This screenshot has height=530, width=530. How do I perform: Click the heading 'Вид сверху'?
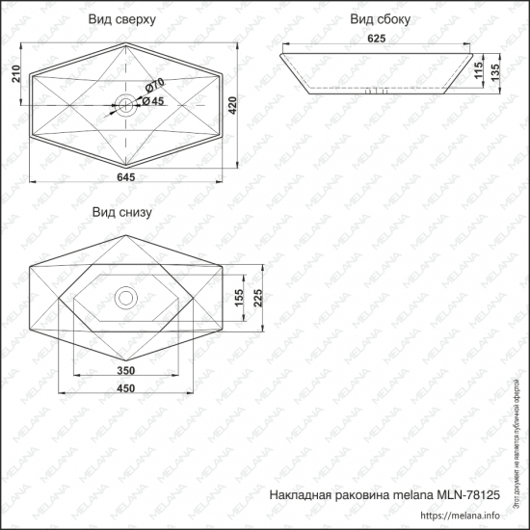coord(123,19)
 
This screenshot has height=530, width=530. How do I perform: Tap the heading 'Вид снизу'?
coord(121,212)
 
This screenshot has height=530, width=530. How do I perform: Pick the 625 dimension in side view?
coord(376,39)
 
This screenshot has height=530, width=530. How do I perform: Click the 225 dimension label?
coord(256,299)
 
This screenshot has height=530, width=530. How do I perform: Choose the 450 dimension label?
coord(125,389)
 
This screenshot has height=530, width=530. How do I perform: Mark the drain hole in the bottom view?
coord(125,297)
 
